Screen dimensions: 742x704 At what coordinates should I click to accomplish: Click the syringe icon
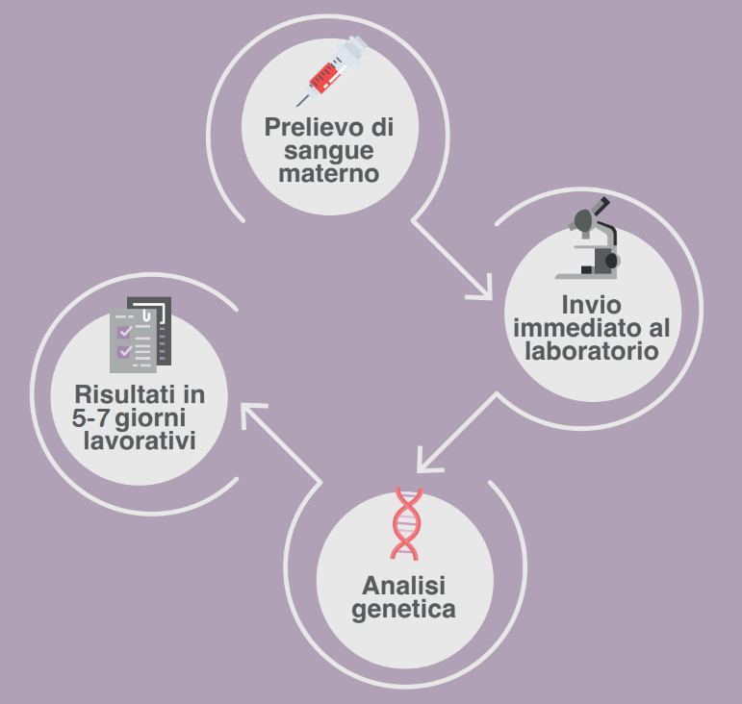[x=332, y=71]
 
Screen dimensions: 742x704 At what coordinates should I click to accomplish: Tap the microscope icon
[x=588, y=239]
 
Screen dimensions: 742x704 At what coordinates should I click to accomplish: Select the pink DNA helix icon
[x=406, y=524]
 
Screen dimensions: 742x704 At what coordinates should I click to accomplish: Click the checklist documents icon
[x=141, y=335]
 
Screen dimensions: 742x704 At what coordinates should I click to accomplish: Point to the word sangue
[x=329, y=152]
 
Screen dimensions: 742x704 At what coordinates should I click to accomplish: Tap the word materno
[x=329, y=173]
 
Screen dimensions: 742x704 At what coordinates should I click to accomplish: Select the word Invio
[x=592, y=305]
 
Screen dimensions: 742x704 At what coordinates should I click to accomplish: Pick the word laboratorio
[x=592, y=351]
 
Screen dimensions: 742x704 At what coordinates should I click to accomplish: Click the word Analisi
[x=403, y=586]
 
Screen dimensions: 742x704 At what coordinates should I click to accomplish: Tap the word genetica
[x=403, y=610]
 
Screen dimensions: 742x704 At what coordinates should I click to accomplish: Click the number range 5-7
[x=90, y=418]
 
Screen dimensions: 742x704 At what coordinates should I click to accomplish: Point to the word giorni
[x=150, y=419]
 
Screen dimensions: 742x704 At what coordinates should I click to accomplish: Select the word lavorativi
[x=140, y=440]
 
